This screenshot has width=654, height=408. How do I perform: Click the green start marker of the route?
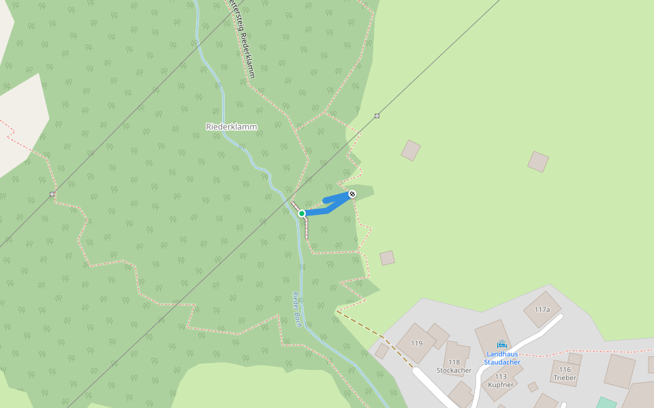tap(302, 214)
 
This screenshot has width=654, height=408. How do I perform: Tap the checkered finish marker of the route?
tap(352, 194)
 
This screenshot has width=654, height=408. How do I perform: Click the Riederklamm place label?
tap(232, 126)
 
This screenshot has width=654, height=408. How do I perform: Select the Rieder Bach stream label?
tap(298, 309)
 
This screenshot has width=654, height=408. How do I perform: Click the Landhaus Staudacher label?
tap(502, 358)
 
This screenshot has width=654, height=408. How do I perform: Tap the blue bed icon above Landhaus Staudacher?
tap(502, 344)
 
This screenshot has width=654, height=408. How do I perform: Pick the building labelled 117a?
tap(542, 309)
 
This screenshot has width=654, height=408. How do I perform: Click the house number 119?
tap(416, 343)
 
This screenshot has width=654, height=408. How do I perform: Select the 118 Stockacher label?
tap(454, 367)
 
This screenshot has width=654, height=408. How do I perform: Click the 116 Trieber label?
tap(565, 373)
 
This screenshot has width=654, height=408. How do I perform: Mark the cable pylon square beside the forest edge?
tap(377, 116)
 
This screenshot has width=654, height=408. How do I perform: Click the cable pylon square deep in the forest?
tap(52, 194)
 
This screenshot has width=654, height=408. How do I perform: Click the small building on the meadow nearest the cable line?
tap(410, 150)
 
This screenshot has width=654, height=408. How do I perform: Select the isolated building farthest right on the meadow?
tap(538, 161)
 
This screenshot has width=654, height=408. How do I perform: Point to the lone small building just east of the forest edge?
tap(387, 258)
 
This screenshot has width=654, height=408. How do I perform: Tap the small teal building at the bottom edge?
tap(606, 403)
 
